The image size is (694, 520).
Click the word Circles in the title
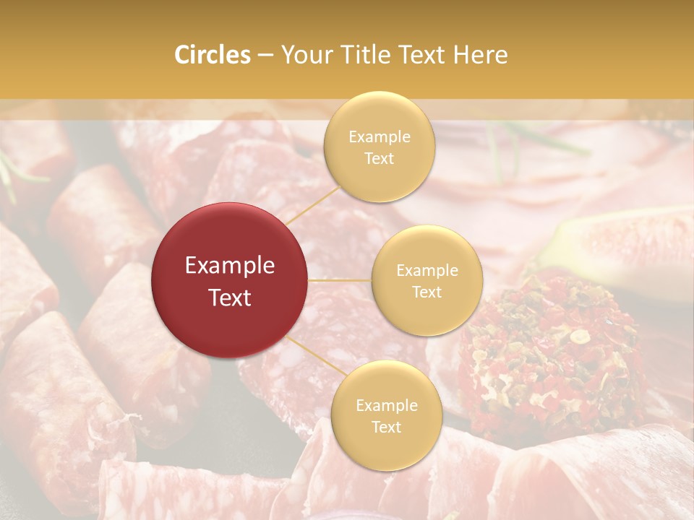pyautogui.click(x=212, y=55)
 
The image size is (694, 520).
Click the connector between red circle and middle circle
pyautogui.click(x=340, y=280)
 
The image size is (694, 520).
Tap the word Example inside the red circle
pyautogui.click(x=230, y=266)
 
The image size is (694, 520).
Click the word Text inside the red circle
pyautogui.click(x=230, y=298)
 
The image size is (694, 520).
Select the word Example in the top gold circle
pyautogui.click(x=379, y=136)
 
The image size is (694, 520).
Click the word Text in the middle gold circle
pyautogui.click(x=427, y=292)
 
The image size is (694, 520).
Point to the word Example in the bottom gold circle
pyautogui.click(x=386, y=405)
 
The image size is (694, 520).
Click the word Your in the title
pyautogui.click(x=303, y=55)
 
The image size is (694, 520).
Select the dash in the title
pyautogui.click(x=265, y=55)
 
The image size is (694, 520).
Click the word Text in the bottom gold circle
pyautogui.click(x=386, y=427)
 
